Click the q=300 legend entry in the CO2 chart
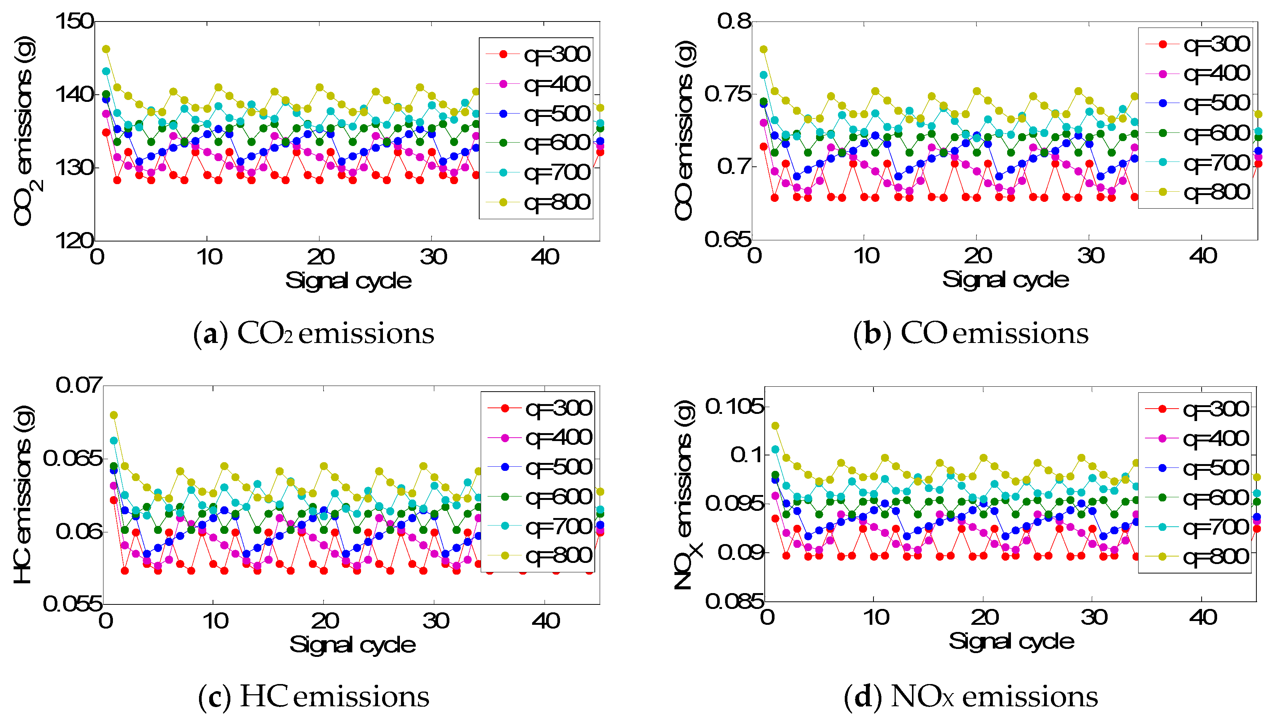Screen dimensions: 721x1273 [538, 54]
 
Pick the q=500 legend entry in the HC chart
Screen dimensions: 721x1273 [540, 467]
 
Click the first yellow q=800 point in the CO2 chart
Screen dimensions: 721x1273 [106, 49]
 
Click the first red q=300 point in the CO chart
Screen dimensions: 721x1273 [764, 146]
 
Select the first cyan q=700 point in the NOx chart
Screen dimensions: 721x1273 [776, 449]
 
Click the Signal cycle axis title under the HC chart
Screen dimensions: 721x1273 [352, 645]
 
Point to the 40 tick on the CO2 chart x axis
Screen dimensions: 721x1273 [545, 257]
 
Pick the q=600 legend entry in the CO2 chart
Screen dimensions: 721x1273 [538, 143]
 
